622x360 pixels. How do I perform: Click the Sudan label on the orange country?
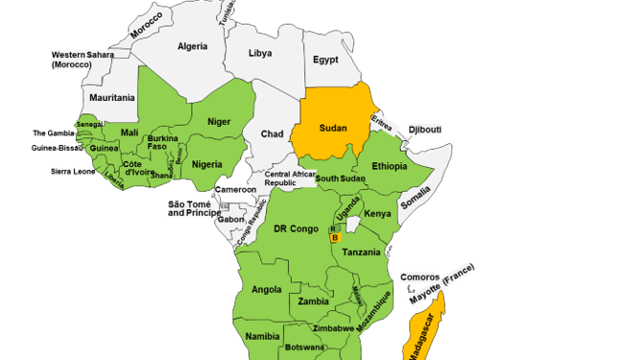(x=332, y=128)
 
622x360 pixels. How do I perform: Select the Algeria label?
(x=192, y=46)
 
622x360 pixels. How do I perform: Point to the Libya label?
(x=260, y=54)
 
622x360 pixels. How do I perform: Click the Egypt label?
(x=326, y=60)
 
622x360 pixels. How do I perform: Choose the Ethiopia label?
(x=390, y=166)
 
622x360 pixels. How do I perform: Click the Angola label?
(x=266, y=289)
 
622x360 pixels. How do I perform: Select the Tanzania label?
(x=362, y=252)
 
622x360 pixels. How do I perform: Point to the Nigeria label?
(x=207, y=164)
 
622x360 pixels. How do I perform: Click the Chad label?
(x=272, y=134)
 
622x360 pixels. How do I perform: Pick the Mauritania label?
(x=112, y=98)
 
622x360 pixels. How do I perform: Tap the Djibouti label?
(x=424, y=130)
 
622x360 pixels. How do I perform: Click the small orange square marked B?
(x=335, y=238)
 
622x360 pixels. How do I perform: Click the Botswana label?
(x=306, y=347)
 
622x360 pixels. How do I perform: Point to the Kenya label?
(x=377, y=214)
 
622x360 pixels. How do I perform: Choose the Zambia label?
(x=313, y=301)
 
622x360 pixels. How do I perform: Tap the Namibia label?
(x=262, y=336)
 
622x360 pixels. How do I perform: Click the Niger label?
(x=220, y=122)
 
